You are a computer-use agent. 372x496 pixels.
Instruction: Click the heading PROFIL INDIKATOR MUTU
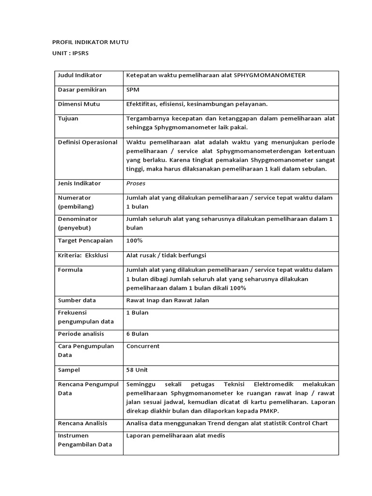[x=91, y=43]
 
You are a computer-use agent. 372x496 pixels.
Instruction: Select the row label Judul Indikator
[x=80, y=76]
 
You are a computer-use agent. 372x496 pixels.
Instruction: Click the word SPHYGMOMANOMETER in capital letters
[x=270, y=76]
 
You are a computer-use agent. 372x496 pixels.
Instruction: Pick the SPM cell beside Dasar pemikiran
[x=132, y=90]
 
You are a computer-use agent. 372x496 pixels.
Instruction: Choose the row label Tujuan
[x=68, y=118]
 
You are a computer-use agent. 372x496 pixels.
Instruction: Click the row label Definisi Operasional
[x=88, y=142]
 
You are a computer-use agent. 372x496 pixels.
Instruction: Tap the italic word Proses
[x=136, y=184]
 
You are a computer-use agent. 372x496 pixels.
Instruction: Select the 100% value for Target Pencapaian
[x=134, y=241]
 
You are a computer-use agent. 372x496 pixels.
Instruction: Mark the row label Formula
[x=70, y=270]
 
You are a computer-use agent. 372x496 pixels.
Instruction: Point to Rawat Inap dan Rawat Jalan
[x=168, y=300]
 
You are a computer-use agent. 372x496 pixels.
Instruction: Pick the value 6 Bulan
[x=137, y=334]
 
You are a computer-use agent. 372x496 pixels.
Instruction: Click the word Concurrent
[x=143, y=346]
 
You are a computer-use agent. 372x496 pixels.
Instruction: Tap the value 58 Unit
[x=137, y=370]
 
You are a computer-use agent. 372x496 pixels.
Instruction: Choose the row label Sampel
[x=69, y=370]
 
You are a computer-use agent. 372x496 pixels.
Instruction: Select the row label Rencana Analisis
[x=83, y=423]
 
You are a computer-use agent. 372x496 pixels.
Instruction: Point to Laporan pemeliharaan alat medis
[x=175, y=435]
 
